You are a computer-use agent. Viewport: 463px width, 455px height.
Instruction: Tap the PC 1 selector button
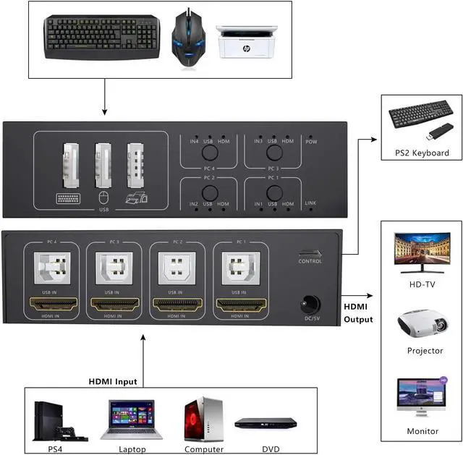click(273, 193)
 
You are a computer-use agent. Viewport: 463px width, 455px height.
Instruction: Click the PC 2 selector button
click(209, 193)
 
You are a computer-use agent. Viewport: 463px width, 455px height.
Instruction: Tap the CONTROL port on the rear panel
click(310, 254)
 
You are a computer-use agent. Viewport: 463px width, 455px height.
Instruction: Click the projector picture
click(422, 326)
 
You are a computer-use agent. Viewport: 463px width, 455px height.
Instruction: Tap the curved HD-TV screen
click(422, 251)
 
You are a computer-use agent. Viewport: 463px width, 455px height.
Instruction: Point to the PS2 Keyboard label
click(422, 153)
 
